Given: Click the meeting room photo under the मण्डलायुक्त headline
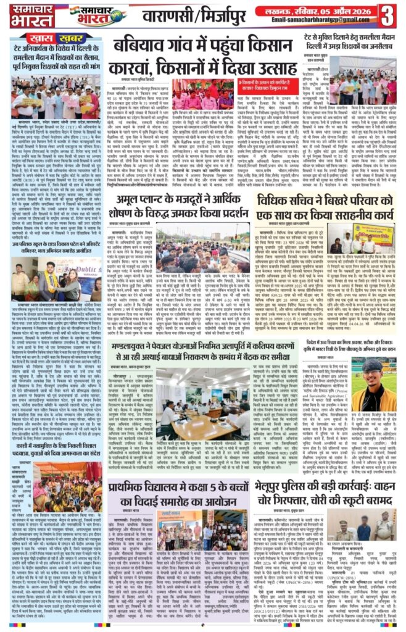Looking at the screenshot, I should click(x=197, y=401).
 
